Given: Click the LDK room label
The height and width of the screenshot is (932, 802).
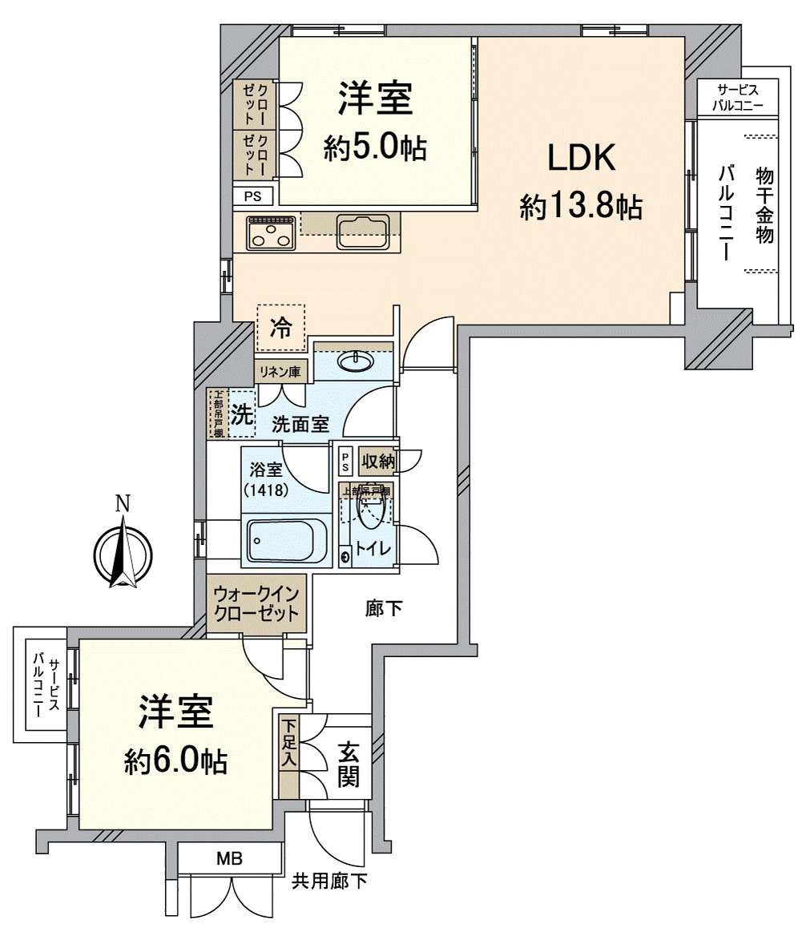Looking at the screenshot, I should coord(581,159).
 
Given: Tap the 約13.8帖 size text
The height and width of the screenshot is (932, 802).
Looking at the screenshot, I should coord(581,208).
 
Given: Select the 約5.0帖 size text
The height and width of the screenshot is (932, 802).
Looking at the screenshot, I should coord(375,147).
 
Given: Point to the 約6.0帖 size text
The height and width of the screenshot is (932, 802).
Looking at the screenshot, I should coord(176,761).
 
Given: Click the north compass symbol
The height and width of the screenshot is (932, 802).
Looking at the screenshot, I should coord(123,553).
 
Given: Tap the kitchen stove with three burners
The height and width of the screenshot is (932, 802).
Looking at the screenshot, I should coord(271,233).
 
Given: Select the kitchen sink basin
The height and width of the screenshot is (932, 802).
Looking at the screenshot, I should coord(362,232).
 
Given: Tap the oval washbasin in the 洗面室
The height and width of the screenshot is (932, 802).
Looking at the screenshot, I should coord(354,362).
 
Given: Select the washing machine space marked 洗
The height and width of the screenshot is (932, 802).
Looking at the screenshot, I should coord(241,414).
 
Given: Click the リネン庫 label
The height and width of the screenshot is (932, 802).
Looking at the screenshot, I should coord(278,372).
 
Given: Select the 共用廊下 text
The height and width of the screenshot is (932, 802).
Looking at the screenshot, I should coord(329,882).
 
